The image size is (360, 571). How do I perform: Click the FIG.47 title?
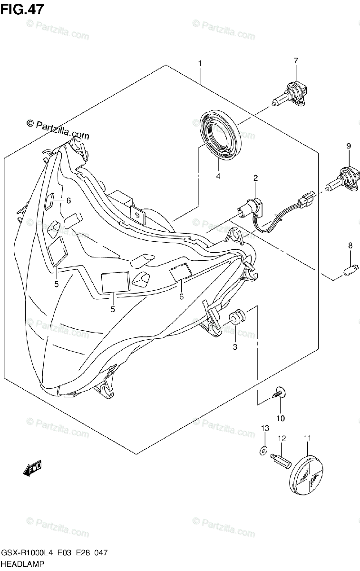click(x=20, y=10)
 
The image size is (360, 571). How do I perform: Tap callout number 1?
click(x=200, y=64)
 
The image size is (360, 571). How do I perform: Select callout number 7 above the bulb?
click(x=295, y=60)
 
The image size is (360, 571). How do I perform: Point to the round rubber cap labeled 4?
click(x=220, y=134)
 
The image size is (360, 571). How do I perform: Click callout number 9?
click(x=348, y=147)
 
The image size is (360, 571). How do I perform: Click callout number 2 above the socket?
click(x=255, y=178)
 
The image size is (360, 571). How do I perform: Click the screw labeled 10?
click(x=279, y=393)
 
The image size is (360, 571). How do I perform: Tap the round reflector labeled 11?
click(x=306, y=471)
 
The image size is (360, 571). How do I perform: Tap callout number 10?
click(x=280, y=418)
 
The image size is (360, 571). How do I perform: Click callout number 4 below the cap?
click(x=218, y=176)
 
